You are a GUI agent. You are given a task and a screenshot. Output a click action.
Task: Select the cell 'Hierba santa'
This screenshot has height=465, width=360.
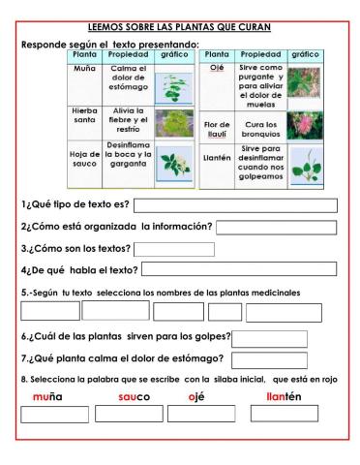[83, 118]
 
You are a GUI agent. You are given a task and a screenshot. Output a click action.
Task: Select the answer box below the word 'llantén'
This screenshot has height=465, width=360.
[284, 415]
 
